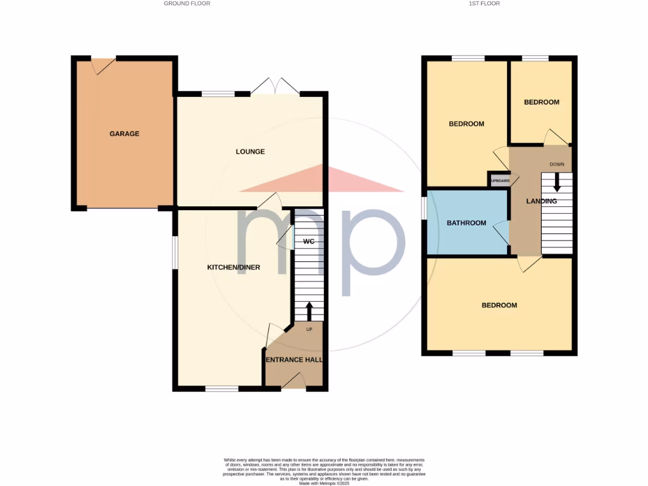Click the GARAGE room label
pyautogui.click(x=124, y=134)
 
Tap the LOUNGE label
pyautogui.click(x=250, y=151)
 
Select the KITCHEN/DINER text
pyautogui.click(x=234, y=268)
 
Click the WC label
pyautogui.click(x=309, y=242)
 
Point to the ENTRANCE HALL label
pyautogui.click(x=294, y=359)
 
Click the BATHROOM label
pyautogui.click(x=466, y=223)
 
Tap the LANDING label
pyautogui.click(x=542, y=201)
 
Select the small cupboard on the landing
pyautogui.click(x=499, y=180)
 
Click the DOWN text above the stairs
pyautogui.click(x=557, y=165)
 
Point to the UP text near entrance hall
pyautogui.click(x=309, y=330)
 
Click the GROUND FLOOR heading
pyautogui.click(x=187, y=4)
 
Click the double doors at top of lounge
pyautogui.click(x=275, y=87)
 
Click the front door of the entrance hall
pyautogui.click(x=294, y=382)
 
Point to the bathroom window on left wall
pyautogui.click(x=425, y=209)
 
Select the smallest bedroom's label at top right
pyautogui.click(x=542, y=102)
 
